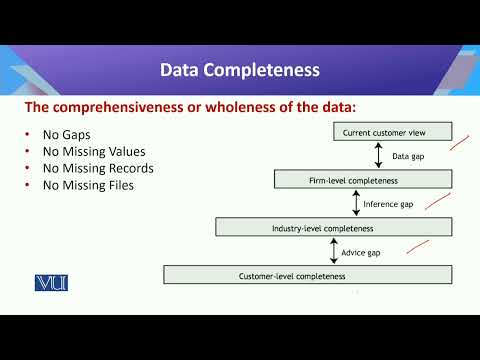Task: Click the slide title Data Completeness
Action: coord(240,71)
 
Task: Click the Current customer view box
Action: coord(392,131)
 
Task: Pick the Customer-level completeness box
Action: coord(308,274)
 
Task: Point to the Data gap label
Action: coord(407,156)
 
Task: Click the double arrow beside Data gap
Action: coord(378,155)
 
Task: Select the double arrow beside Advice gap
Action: coord(332,251)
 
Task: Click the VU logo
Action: coord(49,282)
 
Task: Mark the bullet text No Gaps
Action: coord(68,134)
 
